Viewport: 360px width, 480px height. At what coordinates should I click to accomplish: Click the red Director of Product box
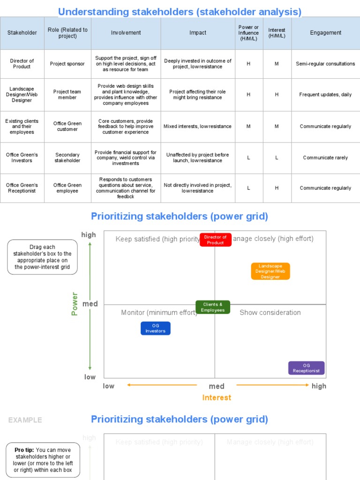click(215, 240)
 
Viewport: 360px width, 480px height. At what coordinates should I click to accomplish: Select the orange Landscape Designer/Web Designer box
click(270, 271)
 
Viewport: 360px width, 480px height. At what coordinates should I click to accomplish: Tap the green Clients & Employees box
click(213, 307)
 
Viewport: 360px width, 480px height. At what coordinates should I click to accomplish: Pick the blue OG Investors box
click(156, 328)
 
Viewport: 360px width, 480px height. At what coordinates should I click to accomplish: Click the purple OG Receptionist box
click(306, 368)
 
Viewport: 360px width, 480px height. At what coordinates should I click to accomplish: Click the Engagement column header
click(325, 33)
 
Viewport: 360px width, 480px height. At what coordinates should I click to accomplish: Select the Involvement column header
click(126, 33)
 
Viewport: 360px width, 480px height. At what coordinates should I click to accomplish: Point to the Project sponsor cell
click(67, 64)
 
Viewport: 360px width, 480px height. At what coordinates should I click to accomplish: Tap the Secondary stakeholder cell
click(67, 157)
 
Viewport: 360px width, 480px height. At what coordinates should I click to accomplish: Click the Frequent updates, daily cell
click(325, 95)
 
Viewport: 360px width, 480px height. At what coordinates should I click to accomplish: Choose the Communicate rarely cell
click(325, 157)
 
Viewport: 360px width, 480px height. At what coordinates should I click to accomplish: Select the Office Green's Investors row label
click(22, 157)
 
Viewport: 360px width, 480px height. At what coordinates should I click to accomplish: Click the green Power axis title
click(75, 304)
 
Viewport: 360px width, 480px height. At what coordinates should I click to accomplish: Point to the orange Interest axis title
click(217, 397)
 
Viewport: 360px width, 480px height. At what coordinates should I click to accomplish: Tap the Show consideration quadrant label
click(270, 313)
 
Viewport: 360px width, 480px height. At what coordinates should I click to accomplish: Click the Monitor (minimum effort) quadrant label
click(159, 313)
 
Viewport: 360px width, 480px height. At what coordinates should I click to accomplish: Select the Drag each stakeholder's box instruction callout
click(42, 257)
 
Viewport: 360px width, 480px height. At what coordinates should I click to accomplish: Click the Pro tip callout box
click(42, 460)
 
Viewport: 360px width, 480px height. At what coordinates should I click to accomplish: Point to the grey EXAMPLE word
click(25, 420)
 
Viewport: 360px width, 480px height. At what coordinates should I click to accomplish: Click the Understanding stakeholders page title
click(180, 12)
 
